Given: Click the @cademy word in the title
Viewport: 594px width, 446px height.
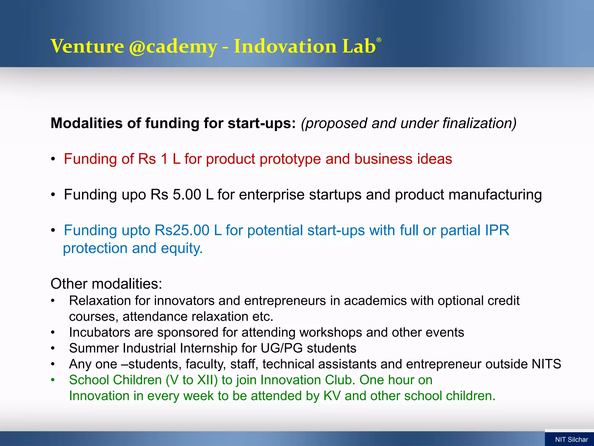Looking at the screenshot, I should (x=173, y=46).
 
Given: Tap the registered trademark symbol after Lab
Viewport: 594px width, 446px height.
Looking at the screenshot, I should (x=379, y=40).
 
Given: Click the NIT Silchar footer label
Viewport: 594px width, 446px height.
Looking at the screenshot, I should (x=571, y=439).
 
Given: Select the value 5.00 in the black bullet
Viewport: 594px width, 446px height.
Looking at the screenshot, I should (x=187, y=195).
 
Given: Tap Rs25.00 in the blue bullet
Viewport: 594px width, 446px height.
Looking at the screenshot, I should (x=182, y=230).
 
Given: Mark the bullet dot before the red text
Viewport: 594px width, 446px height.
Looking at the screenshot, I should (x=53, y=159).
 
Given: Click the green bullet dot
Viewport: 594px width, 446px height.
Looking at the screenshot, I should (x=53, y=380).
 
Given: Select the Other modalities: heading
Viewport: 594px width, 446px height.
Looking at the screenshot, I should (x=106, y=284).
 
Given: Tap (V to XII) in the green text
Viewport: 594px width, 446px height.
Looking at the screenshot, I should (x=192, y=380).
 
